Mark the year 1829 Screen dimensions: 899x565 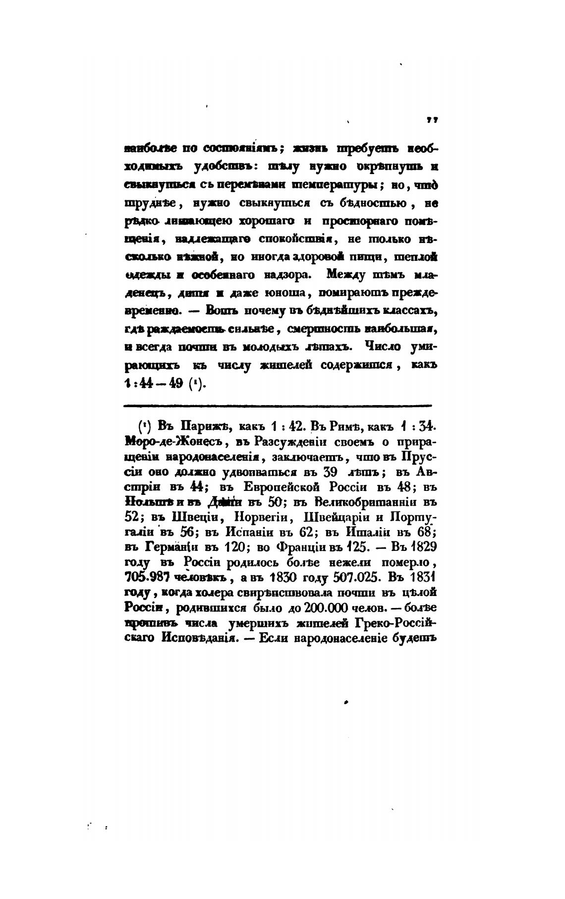[x=423, y=547]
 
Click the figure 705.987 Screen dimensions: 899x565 [x=148, y=578]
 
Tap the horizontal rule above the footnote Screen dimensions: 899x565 [x=278, y=406]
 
